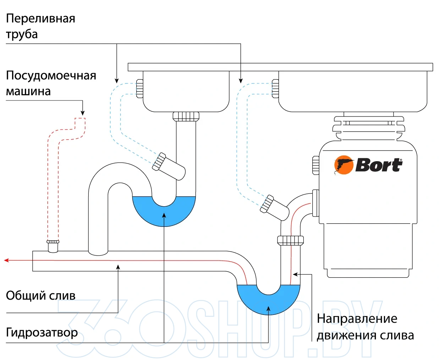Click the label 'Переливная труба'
pos(40,26)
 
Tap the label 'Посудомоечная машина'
pos(51,83)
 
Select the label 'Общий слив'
pos(40,295)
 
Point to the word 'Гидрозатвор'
pos(42,333)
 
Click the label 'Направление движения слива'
pos(365,327)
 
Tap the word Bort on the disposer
pos(379,165)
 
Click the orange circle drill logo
pos(344,165)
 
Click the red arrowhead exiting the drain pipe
pos(6,261)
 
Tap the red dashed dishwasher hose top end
pos(80,118)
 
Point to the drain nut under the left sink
pos(186,116)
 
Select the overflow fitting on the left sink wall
pos(140,89)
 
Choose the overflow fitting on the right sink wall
pos(275,88)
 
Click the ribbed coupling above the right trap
pos(290,240)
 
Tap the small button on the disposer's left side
pos(315,165)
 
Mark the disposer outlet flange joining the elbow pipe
pos(315,203)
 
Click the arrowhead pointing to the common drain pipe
pos(118,267)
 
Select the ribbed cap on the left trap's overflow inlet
pos(159,162)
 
